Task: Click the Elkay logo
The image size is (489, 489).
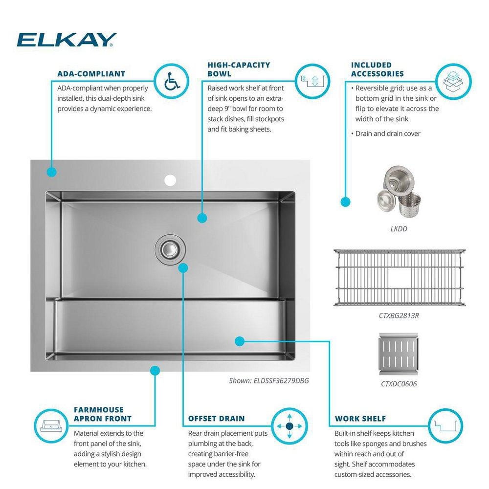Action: point(67,40)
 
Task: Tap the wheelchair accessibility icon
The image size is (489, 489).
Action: point(172,81)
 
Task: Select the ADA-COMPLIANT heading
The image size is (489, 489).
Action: point(91,74)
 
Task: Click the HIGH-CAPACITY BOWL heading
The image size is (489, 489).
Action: point(239,69)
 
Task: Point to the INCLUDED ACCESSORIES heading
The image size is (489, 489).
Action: point(378,69)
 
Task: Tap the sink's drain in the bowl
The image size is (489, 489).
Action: point(170,248)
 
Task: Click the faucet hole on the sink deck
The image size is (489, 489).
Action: point(170,180)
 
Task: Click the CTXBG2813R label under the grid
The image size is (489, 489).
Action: point(399,315)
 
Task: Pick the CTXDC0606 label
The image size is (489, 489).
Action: point(399,384)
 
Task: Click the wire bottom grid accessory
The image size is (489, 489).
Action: point(399,277)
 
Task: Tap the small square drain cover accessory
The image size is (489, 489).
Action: point(399,353)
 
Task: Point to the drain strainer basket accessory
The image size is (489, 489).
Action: point(399,196)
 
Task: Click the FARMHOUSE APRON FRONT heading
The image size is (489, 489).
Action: point(102,414)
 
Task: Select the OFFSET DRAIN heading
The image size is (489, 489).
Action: point(217,419)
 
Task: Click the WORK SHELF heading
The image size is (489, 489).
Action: point(360,419)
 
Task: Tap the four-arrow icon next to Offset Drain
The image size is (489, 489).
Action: point(289,426)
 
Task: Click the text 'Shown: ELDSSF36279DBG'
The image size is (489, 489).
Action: point(269,380)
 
